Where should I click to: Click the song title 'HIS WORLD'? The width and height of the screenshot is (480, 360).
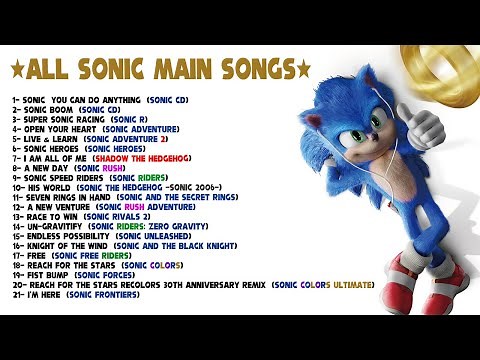tap(48, 187)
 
